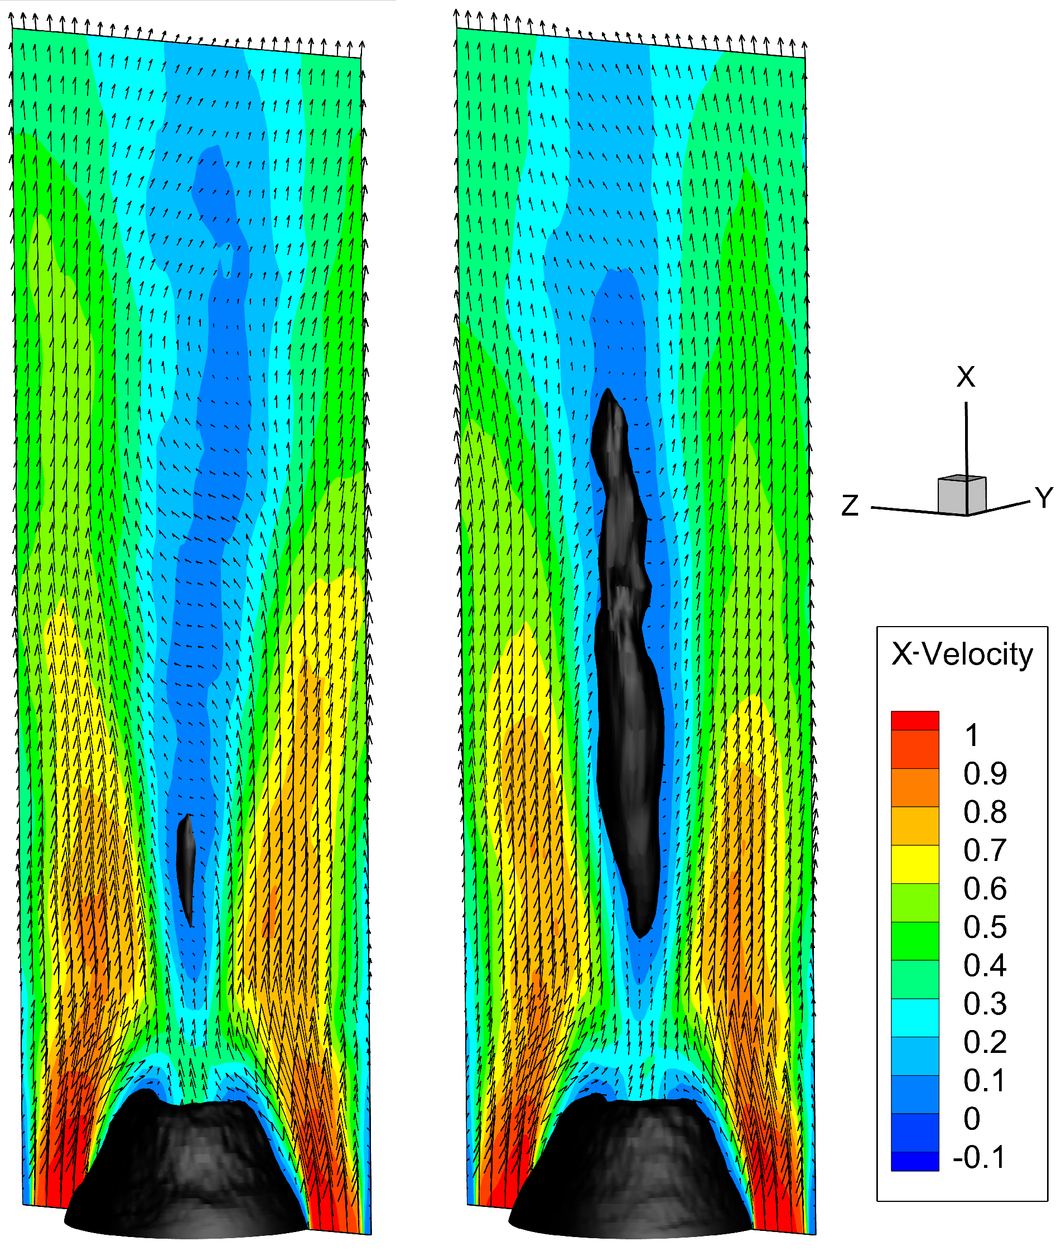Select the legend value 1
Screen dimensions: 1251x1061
[x=972, y=735]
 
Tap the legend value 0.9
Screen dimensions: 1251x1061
[x=985, y=773]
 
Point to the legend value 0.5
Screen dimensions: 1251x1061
[x=985, y=927]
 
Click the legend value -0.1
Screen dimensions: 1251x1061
[x=979, y=1157]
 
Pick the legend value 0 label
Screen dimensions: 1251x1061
[x=972, y=1119]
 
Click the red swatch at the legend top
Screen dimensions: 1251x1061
[x=914, y=720]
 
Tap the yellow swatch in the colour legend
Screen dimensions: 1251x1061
[x=914, y=864]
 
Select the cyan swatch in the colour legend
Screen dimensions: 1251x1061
[x=914, y=1018]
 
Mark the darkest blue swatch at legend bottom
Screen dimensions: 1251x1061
[x=914, y=1161]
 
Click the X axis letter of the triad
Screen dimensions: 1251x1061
[x=966, y=377]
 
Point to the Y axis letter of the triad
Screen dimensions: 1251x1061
[x=1044, y=498]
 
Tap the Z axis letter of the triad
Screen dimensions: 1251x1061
[x=850, y=506]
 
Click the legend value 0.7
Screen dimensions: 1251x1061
[x=985, y=850]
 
